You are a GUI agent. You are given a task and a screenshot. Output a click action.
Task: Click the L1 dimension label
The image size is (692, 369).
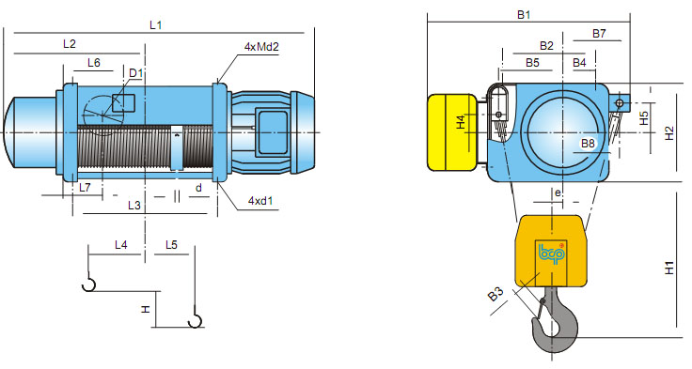point(156,25)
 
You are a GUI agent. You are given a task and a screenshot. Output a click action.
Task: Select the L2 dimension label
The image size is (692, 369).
point(70,43)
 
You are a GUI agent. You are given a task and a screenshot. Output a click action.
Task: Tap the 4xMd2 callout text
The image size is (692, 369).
point(261,47)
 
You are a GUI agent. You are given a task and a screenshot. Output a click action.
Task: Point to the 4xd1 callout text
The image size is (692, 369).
point(260,201)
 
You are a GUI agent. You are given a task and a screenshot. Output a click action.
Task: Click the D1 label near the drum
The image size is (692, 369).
point(136,72)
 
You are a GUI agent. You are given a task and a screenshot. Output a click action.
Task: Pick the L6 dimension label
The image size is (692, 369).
point(94,63)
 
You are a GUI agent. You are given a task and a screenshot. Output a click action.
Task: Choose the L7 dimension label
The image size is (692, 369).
point(85,188)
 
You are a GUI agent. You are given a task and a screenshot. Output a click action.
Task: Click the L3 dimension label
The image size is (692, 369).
point(134,206)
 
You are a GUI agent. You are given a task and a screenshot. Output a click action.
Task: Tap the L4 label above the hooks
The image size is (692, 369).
point(121,245)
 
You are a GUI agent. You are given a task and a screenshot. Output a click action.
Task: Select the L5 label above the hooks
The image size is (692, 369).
point(171,245)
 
